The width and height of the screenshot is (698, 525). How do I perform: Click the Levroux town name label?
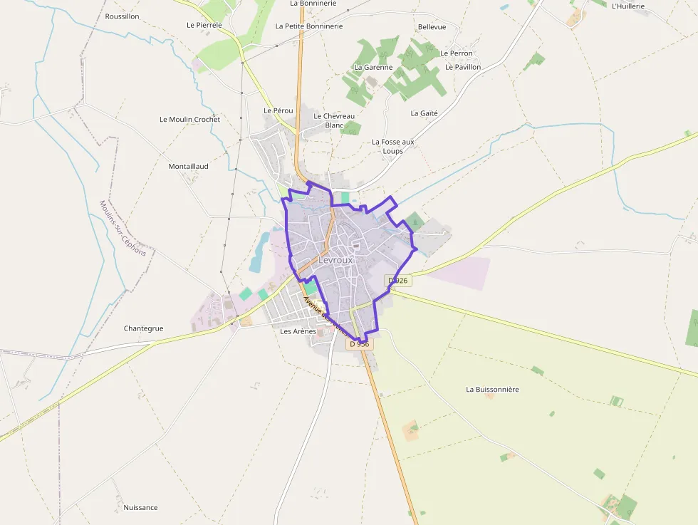point(335,260)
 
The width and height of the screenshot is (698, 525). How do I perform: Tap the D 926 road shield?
point(398,281)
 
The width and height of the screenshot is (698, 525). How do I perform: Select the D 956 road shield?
point(360,343)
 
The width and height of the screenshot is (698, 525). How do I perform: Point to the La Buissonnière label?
point(492,390)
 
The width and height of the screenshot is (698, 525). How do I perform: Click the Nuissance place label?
point(140,508)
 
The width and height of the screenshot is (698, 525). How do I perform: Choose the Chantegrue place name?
point(143,328)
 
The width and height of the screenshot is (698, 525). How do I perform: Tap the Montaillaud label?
point(188,166)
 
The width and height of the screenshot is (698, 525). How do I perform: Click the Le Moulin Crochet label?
point(189,119)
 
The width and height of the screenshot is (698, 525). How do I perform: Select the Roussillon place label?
point(122,16)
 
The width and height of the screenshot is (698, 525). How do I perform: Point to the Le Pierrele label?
point(204,25)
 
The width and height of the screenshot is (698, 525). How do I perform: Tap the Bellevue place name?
point(432,27)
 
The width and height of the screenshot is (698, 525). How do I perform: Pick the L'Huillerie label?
point(627,6)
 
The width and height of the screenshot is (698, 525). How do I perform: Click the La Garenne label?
point(373,67)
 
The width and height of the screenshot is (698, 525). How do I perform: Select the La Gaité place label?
point(424,113)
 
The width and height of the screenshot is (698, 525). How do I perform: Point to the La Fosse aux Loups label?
point(392,146)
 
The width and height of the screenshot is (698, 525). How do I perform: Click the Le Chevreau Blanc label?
point(334,120)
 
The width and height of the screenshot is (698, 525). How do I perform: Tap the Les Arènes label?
point(298,331)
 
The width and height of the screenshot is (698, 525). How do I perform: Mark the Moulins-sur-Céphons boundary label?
point(123,228)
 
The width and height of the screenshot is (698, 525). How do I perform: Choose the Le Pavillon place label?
point(463,67)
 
